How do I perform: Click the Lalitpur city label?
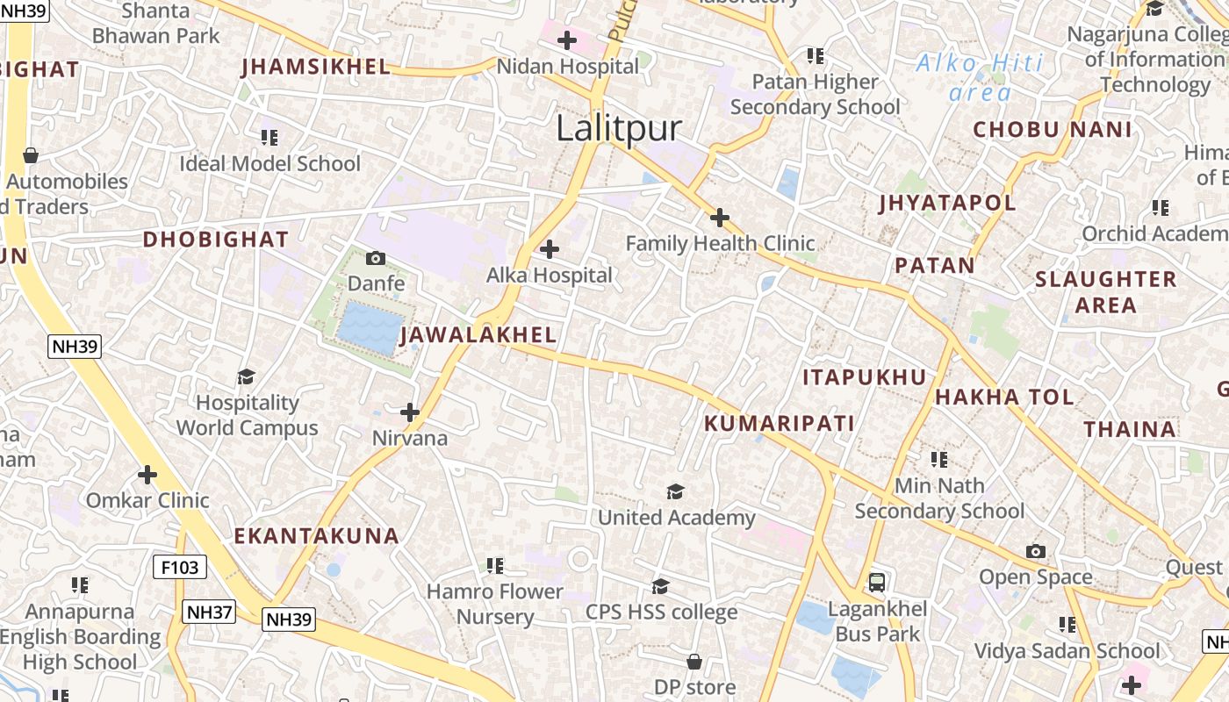(619, 129)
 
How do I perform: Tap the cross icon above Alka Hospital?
(550, 249)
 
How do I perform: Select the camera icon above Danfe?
(376, 258)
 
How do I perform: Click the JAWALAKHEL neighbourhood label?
(478, 335)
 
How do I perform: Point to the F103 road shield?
(180, 567)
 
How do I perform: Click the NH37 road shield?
(209, 611)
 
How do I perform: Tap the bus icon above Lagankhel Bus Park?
(876, 582)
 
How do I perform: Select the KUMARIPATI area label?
(780, 424)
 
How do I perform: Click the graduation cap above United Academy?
(675, 491)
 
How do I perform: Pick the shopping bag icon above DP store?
(694, 661)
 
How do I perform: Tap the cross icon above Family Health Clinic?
(720, 217)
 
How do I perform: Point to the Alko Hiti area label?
(980, 77)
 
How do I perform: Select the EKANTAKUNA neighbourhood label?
(317, 536)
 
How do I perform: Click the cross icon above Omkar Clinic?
(147, 475)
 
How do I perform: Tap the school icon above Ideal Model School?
(270, 138)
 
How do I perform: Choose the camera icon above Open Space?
(1036, 551)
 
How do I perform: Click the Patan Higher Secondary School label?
(815, 95)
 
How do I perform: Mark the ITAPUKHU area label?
(865, 377)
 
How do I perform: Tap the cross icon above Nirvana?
(410, 412)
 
